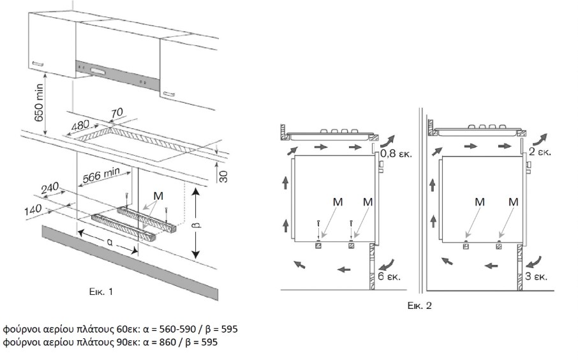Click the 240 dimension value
point(50,190)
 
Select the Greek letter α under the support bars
point(110,243)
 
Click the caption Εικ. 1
point(101,292)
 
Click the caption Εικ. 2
point(420,306)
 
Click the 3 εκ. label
point(537,277)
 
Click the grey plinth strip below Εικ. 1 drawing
point(128,262)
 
